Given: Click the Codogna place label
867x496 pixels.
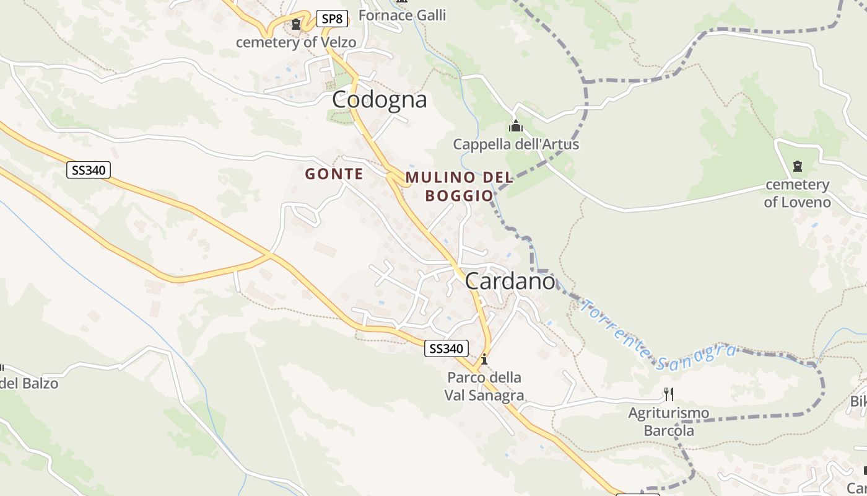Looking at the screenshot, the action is click(x=379, y=99).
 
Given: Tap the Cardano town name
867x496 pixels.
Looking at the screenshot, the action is click(x=510, y=281).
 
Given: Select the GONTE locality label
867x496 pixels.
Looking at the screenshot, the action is click(x=334, y=174).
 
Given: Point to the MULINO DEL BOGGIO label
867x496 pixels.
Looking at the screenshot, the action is click(x=459, y=186).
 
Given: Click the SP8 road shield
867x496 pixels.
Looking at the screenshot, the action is click(x=332, y=19).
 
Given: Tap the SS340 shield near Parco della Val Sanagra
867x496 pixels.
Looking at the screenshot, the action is click(x=446, y=348).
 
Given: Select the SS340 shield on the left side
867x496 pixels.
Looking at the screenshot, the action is click(x=89, y=170).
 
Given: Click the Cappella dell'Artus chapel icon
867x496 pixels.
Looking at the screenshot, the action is click(x=515, y=126).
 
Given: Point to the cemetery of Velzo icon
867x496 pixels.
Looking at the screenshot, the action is click(x=296, y=25).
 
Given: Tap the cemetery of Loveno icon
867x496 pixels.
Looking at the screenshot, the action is click(x=797, y=166).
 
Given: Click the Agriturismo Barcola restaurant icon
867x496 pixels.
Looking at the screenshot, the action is click(x=668, y=394).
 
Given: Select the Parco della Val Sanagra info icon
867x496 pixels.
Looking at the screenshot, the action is click(x=484, y=359).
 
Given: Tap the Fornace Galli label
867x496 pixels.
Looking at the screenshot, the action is click(x=402, y=15).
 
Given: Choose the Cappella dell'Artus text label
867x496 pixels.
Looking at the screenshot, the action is click(x=516, y=144).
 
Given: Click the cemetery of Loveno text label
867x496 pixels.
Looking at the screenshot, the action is click(x=797, y=193).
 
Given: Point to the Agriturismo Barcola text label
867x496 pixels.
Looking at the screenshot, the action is click(x=669, y=422).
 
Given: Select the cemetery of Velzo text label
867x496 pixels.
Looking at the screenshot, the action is click(x=296, y=42).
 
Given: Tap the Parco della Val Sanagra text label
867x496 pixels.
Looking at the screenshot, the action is click(x=484, y=386).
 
